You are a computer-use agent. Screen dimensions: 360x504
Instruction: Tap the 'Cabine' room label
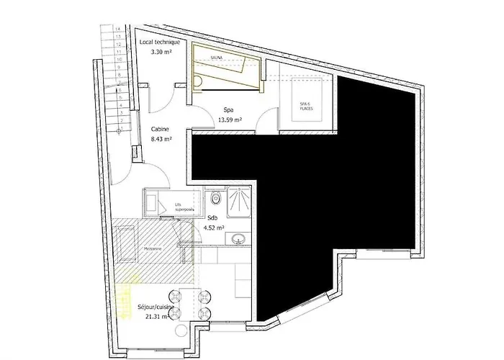pyautogui.click(x=160, y=130)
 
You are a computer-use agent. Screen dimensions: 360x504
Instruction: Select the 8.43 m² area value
pyautogui.click(x=161, y=140)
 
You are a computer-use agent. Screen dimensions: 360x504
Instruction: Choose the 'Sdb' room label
pyautogui.click(x=212, y=217)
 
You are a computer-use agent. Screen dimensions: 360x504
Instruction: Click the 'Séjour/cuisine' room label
pyautogui.click(x=156, y=307)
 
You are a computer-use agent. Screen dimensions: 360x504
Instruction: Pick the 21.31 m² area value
pyautogui.click(x=153, y=317)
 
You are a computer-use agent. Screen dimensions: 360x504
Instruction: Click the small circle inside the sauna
pyautogui.click(x=198, y=82)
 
